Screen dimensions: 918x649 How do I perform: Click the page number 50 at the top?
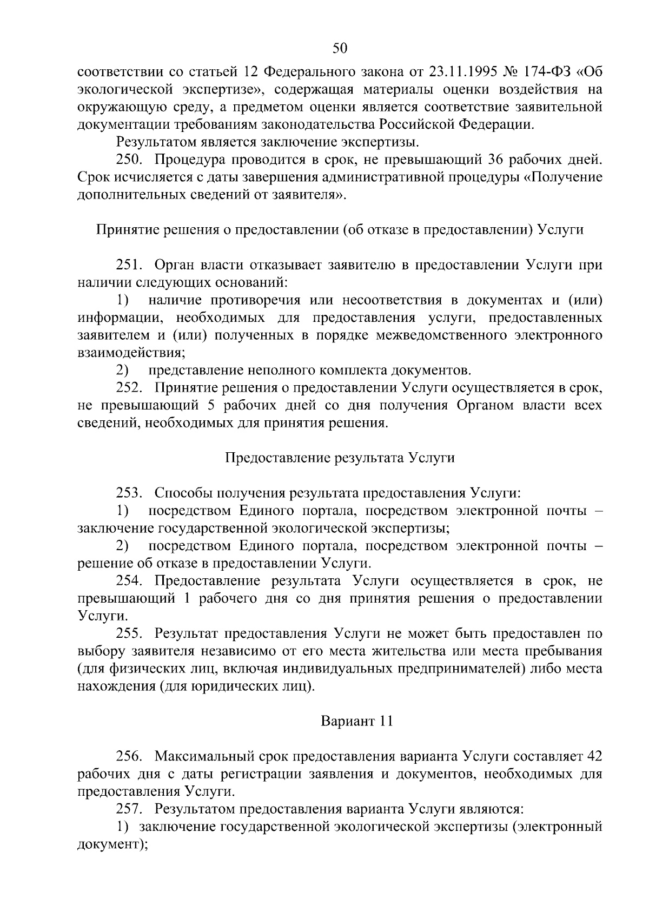click(x=339, y=49)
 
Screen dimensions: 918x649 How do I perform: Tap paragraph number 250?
click(x=129, y=160)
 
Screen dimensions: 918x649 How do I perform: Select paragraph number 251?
click(x=129, y=265)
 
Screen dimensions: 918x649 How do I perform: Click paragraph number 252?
click(x=129, y=388)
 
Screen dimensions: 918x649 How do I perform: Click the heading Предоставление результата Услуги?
click(x=339, y=458)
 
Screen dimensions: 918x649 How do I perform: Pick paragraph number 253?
click(x=129, y=493)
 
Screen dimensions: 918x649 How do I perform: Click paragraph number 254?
click(x=129, y=582)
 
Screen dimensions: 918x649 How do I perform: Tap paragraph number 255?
click(x=129, y=634)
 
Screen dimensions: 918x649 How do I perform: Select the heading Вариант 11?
click(x=356, y=722)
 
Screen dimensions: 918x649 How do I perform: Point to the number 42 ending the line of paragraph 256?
click(x=594, y=756)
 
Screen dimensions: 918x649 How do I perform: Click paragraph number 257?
click(x=129, y=809)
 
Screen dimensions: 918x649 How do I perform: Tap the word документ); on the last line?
click(x=112, y=844)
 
